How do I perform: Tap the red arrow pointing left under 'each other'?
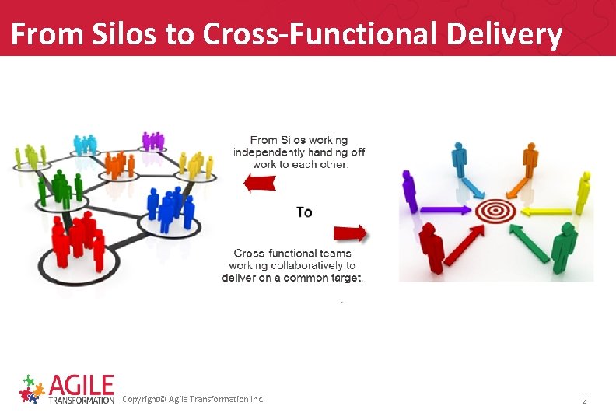pyautogui.click(x=260, y=183)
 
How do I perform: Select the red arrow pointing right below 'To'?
pyautogui.click(x=350, y=233)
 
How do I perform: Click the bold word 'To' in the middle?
pyautogui.click(x=304, y=212)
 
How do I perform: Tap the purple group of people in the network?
pyautogui.click(x=153, y=141)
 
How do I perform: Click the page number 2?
pyautogui.click(x=585, y=400)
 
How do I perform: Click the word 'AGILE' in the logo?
pyautogui.click(x=81, y=385)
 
